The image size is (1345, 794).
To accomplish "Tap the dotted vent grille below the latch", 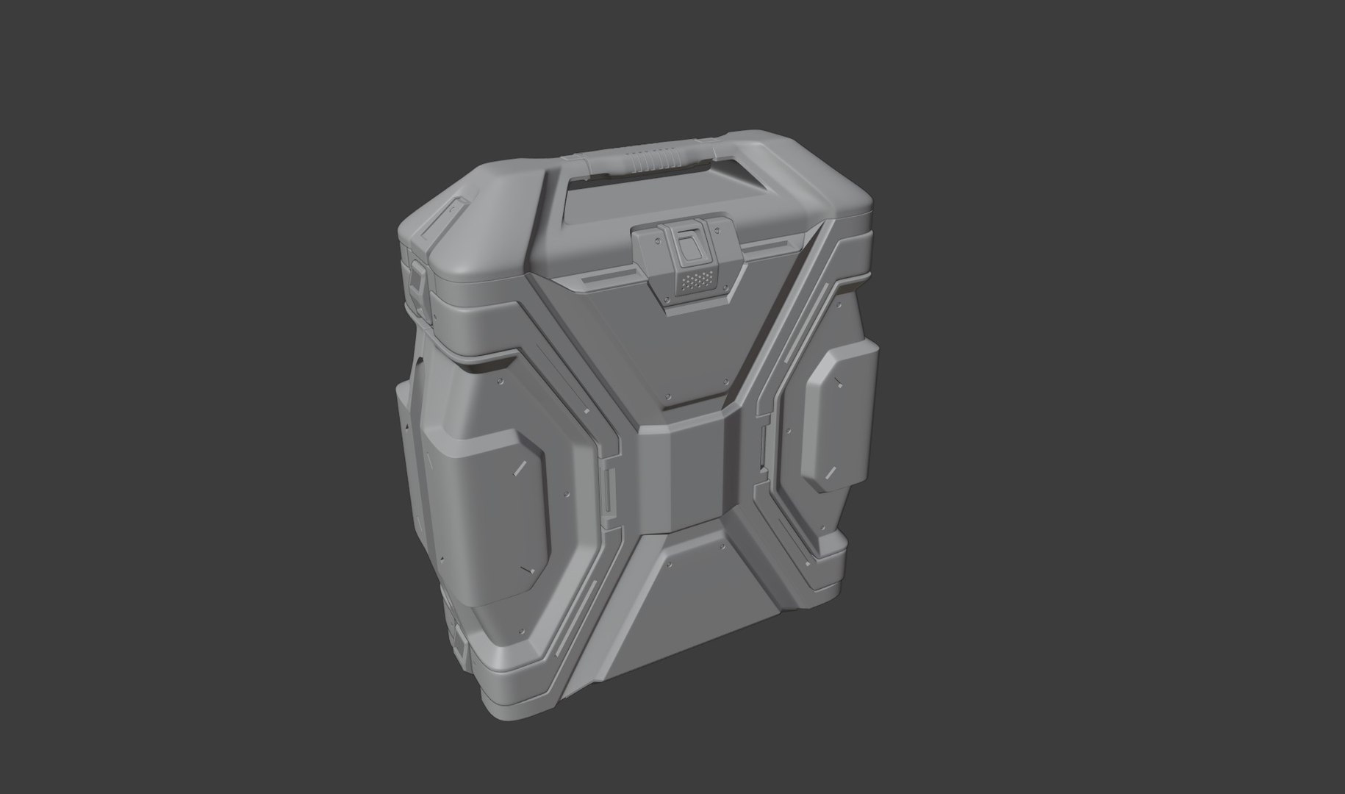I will (x=695, y=281).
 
